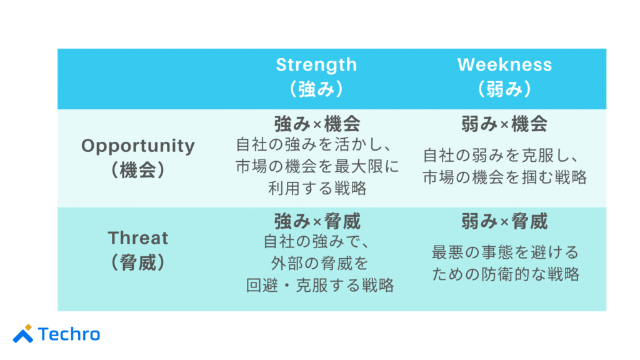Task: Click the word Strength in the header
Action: click(x=316, y=64)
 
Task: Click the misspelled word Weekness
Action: click(x=504, y=64)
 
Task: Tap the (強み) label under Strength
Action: click(x=316, y=89)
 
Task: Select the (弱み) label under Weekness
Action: click(x=504, y=89)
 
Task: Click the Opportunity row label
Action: click(x=138, y=146)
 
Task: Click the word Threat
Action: click(x=138, y=238)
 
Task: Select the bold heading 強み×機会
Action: click(x=317, y=124)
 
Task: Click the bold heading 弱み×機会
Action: click(x=504, y=124)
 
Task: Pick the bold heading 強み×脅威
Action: click(x=317, y=221)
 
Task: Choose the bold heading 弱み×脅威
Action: click(x=504, y=221)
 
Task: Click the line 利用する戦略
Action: click(x=317, y=187)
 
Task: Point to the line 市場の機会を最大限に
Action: click(x=317, y=167)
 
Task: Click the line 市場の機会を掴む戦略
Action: click(x=505, y=177)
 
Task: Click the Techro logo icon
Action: click(x=23, y=334)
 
